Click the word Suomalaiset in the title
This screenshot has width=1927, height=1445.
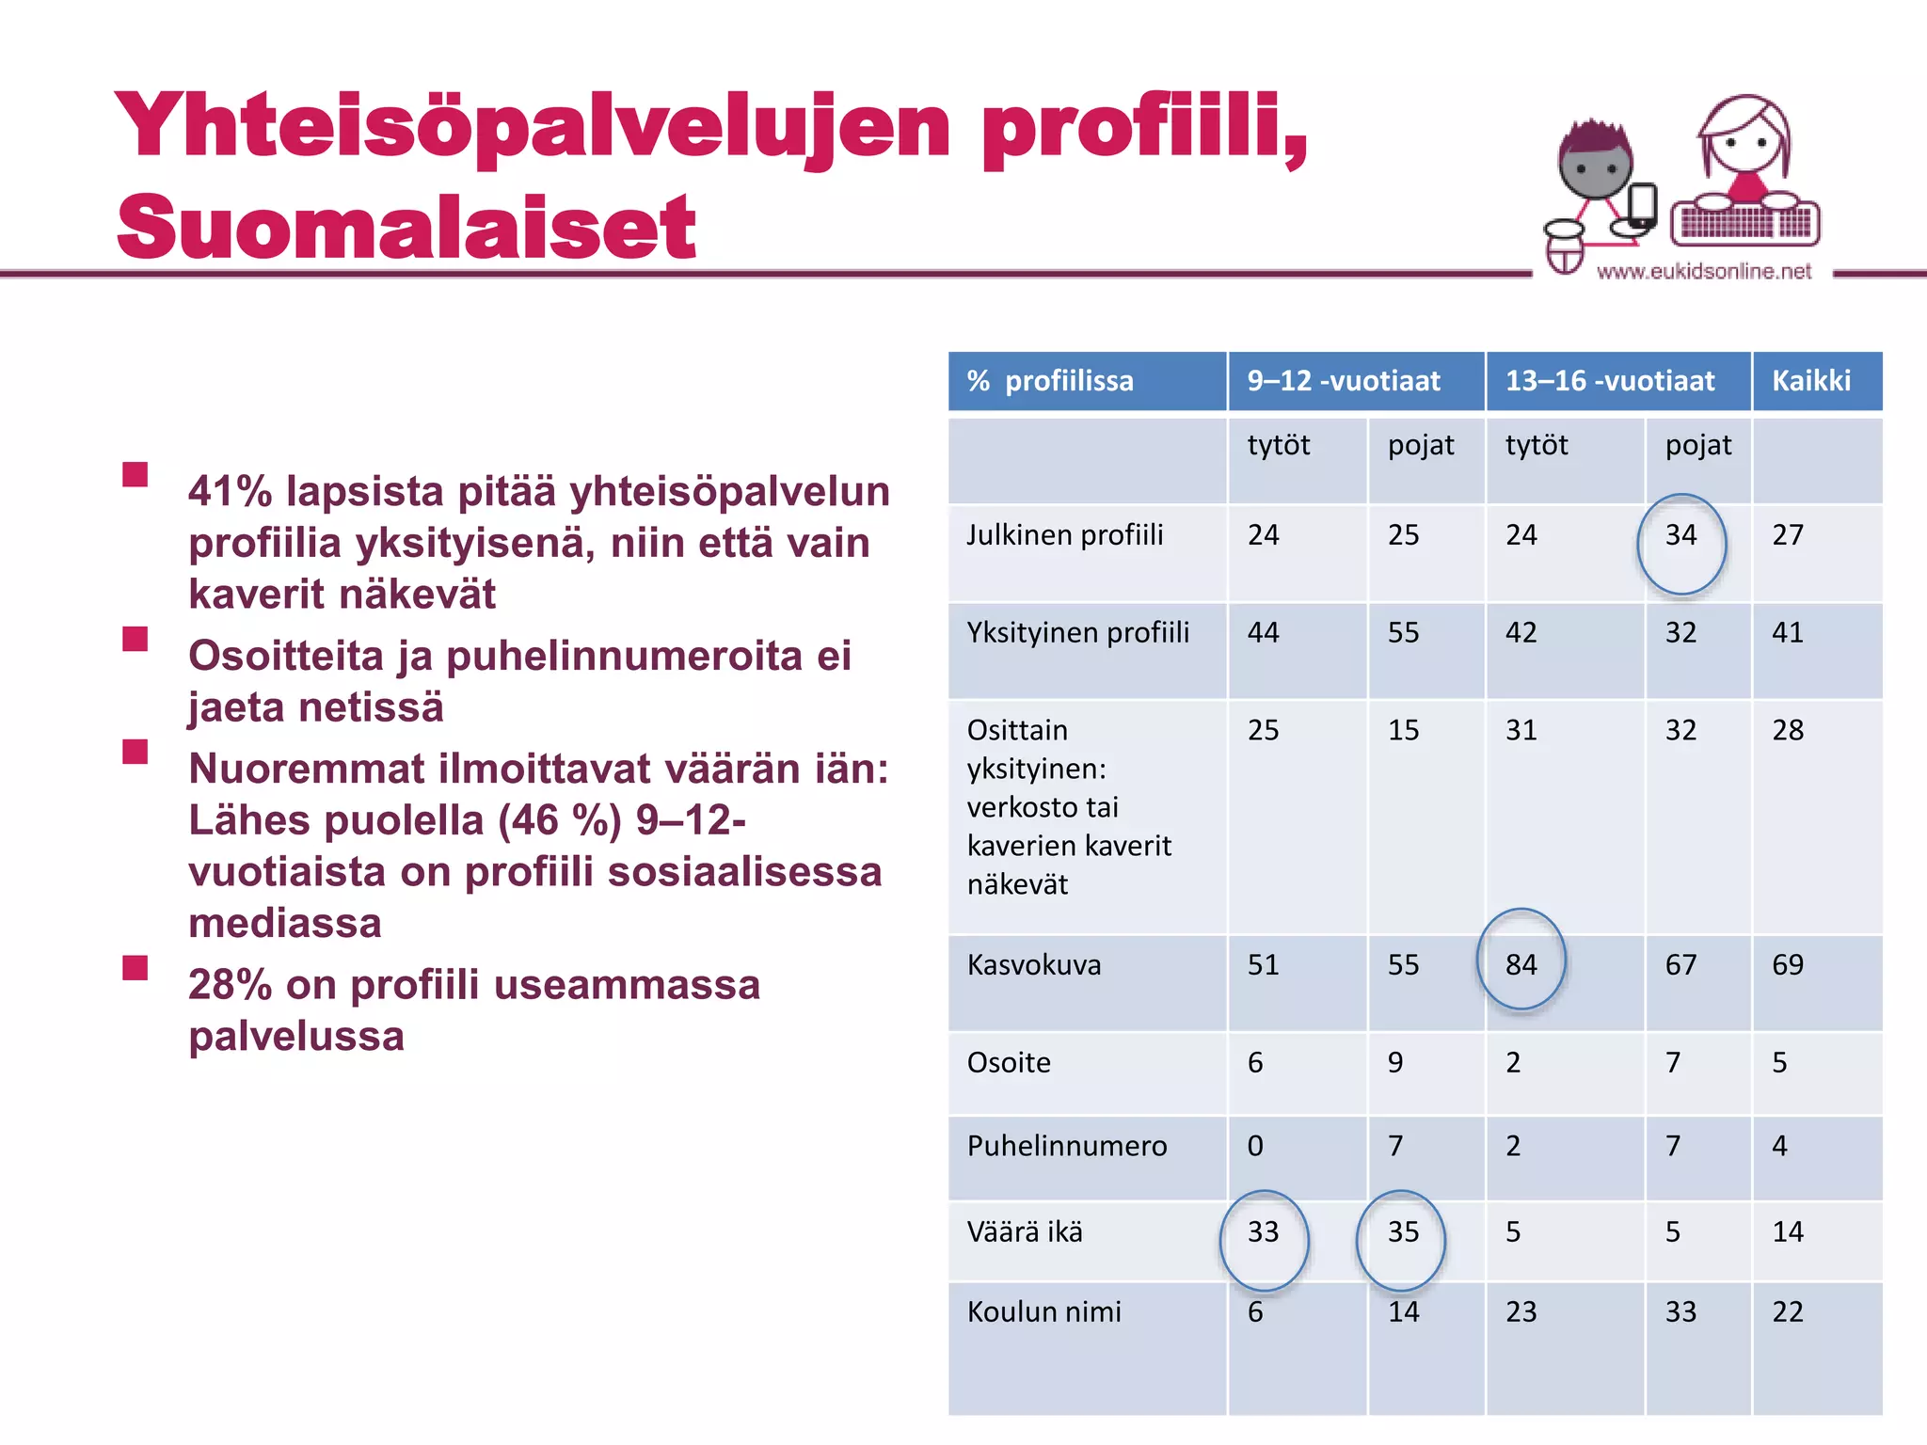click(x=406, y=228)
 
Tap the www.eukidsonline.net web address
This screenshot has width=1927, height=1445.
click(x=1704, y=272)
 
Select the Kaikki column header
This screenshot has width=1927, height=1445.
click(x=1811, y=381)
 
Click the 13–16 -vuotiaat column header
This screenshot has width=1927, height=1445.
click(x=1610, y=381)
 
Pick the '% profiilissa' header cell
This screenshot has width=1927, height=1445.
click(x=1051, y=381)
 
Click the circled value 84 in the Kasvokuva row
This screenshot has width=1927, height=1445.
click(x=1521, y=964)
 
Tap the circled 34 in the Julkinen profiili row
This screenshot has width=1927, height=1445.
click(x=1680, y=535)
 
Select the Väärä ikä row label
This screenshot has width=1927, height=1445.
click(x=1025, y=1231)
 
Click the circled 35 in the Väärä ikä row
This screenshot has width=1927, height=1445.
click(x=1403, y=1231)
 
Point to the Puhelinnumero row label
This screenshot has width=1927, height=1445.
click(x=1067, y=1146)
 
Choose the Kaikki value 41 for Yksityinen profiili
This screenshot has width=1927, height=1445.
click(x=1788, y=632)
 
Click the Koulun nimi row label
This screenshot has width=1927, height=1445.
click(x=1044, y=1311)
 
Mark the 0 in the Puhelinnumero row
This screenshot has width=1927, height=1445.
click(x=1255, y=1146)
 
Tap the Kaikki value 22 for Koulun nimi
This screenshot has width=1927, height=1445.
click(x=1788, y=1311)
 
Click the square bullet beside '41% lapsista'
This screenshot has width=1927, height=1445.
click(x=135, y=474)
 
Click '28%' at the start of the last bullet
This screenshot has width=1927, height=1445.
click(x=230, y=985)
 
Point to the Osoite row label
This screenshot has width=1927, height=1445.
click(x=1009, y=1062)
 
